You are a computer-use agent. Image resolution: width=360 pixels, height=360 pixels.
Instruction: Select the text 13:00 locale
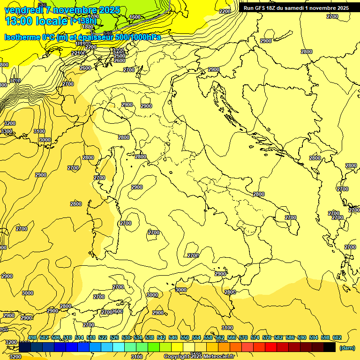click(x=36, y=21)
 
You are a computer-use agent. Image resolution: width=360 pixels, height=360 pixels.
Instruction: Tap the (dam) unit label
click(x=346, y=347)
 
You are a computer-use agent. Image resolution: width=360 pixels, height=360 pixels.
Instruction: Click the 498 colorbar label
click(x=32, y=338)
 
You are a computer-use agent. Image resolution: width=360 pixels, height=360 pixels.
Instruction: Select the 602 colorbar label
click(x=337, y=338)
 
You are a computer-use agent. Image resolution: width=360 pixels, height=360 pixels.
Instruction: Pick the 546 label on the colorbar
click(x=173, y=338)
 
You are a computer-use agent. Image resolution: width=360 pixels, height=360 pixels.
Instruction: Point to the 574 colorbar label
click(x=255, y=338)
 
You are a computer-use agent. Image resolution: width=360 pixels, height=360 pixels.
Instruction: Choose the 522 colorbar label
click(x=103, y=338)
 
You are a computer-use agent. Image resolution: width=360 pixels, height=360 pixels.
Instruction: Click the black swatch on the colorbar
click(x=330, y=347)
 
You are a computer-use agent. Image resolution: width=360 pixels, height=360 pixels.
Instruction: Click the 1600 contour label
click(x=135, y=17)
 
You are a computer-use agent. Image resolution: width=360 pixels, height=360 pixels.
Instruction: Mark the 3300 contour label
click(x=7, y=132)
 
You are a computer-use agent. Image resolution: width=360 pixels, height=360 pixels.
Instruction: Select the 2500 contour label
click(x=120, y=56)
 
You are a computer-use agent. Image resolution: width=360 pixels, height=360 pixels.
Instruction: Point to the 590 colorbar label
click(x=302, y=338)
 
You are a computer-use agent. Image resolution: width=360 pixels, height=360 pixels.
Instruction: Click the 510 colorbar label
click(x=67, y=338)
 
